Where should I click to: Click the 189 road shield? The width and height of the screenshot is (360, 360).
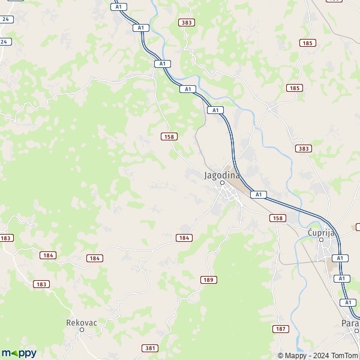click(208, 280)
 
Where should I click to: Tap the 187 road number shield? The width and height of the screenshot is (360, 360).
click(280, 329)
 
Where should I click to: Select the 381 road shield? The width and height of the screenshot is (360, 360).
click(151, 348)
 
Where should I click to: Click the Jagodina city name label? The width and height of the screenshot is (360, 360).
click(222, 175)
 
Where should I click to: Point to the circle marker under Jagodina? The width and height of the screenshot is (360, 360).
click(222, 183)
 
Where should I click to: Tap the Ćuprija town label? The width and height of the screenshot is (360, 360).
click(321, 232)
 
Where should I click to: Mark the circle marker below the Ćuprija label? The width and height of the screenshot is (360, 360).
click(321, 240)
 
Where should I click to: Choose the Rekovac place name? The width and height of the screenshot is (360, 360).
click(82, 322)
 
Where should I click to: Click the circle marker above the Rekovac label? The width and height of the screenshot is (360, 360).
click(82, 329)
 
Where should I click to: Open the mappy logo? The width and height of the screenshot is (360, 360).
click(19, 353)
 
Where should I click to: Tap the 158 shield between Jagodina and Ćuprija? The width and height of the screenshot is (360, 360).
click(277, 218)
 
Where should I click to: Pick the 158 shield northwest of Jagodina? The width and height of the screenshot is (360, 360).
click(169, 137)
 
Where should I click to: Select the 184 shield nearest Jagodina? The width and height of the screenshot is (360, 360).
click(184, 238)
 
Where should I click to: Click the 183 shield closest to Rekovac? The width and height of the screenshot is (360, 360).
click(41, 284)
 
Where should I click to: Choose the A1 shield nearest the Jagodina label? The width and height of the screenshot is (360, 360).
click(259, 194)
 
